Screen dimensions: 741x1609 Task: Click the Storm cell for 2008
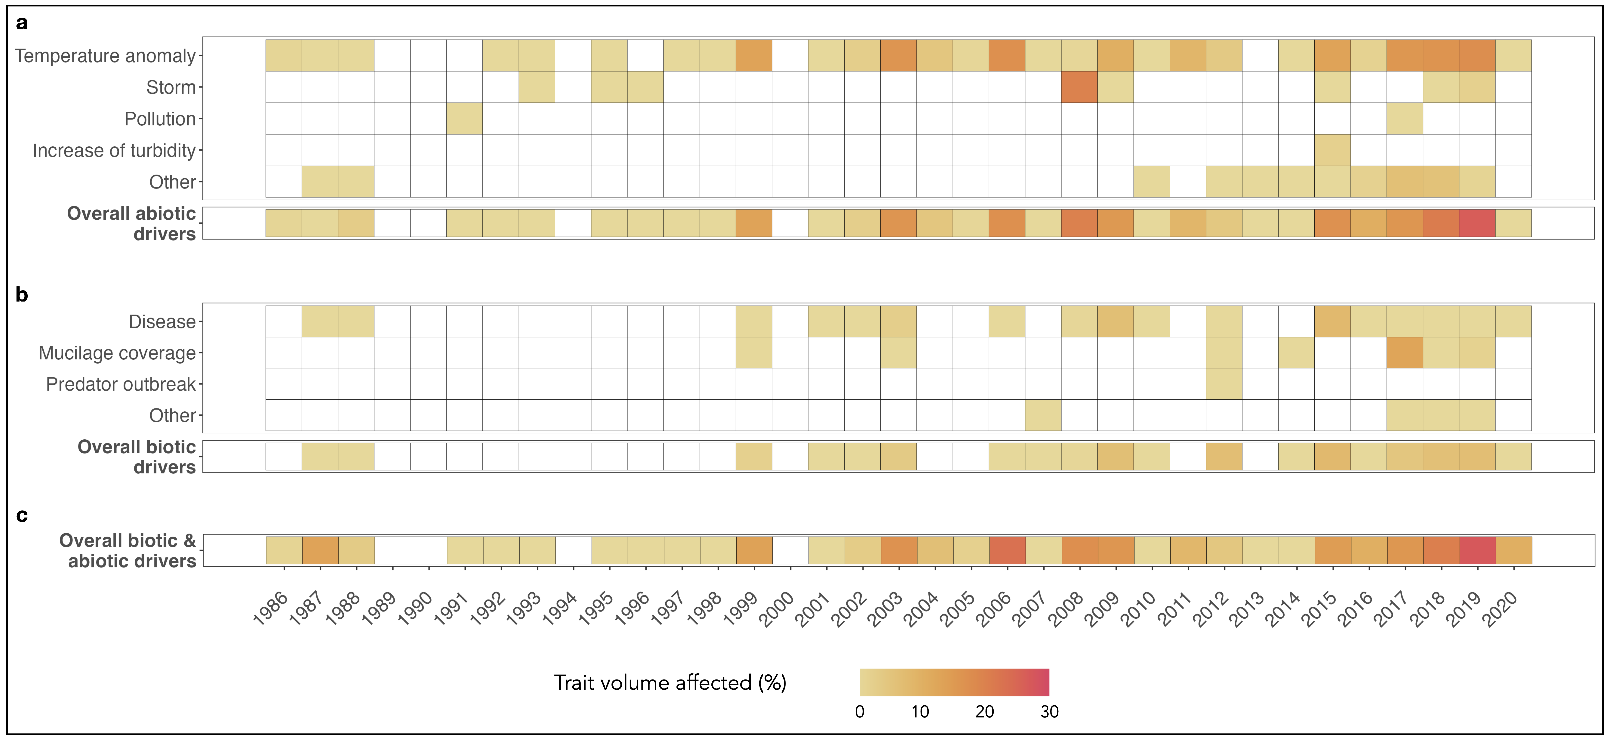pyautogui.click(x=1079, y=87)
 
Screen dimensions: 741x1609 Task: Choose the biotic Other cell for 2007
pyautogui.click(x=1043, y=415)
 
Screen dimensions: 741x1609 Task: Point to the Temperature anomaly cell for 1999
pyautogui.click(x=754, y=56)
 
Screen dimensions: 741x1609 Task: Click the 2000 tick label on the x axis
pyautogui.click(x=776, y=609)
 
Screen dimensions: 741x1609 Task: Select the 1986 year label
pyautogui.click(x=270, y=609)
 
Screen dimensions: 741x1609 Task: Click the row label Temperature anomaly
pyautogui.click(x=105, y=56)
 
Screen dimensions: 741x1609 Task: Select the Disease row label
pyautogui.click(x=162, y=321)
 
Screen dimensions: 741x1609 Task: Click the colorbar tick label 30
pyautogui.click(x=1049, y=712)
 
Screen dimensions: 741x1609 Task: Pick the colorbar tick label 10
pyautogui.click(x=920, y=712)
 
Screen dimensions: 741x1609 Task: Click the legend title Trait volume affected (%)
pyautogui.click(x=670, y=682)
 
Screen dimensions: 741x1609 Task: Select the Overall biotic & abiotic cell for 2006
pyautogui.click(x=1007, y=550)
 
